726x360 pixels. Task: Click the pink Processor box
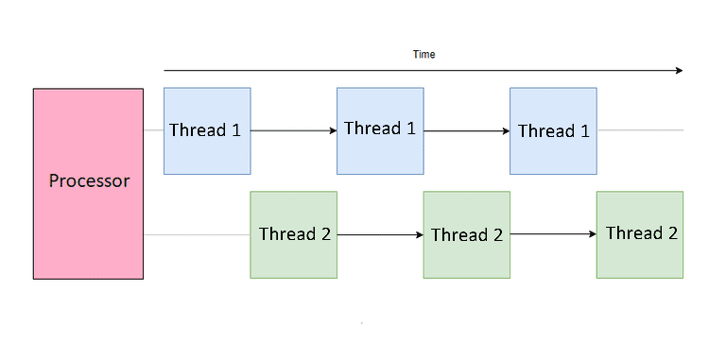point(88,183)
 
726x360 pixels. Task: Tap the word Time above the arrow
point(423,55)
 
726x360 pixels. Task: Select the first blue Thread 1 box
point(207,130)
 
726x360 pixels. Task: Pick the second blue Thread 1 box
point(380,130)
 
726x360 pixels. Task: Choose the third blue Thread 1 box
point(553,130)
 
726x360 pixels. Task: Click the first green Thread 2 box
point(293,234)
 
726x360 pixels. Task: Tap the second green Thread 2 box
point(466,234)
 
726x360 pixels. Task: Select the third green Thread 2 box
point(639,234)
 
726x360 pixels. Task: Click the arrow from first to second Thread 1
point(293,130)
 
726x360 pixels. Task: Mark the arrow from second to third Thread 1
point(466,130)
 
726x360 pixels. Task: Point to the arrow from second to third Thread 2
point(553,234)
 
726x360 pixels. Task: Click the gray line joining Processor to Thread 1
point(153,130)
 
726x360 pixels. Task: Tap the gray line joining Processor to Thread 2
point(197,234)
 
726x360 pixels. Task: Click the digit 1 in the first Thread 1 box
point(235,130)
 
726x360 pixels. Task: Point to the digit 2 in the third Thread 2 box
point(672,232)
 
